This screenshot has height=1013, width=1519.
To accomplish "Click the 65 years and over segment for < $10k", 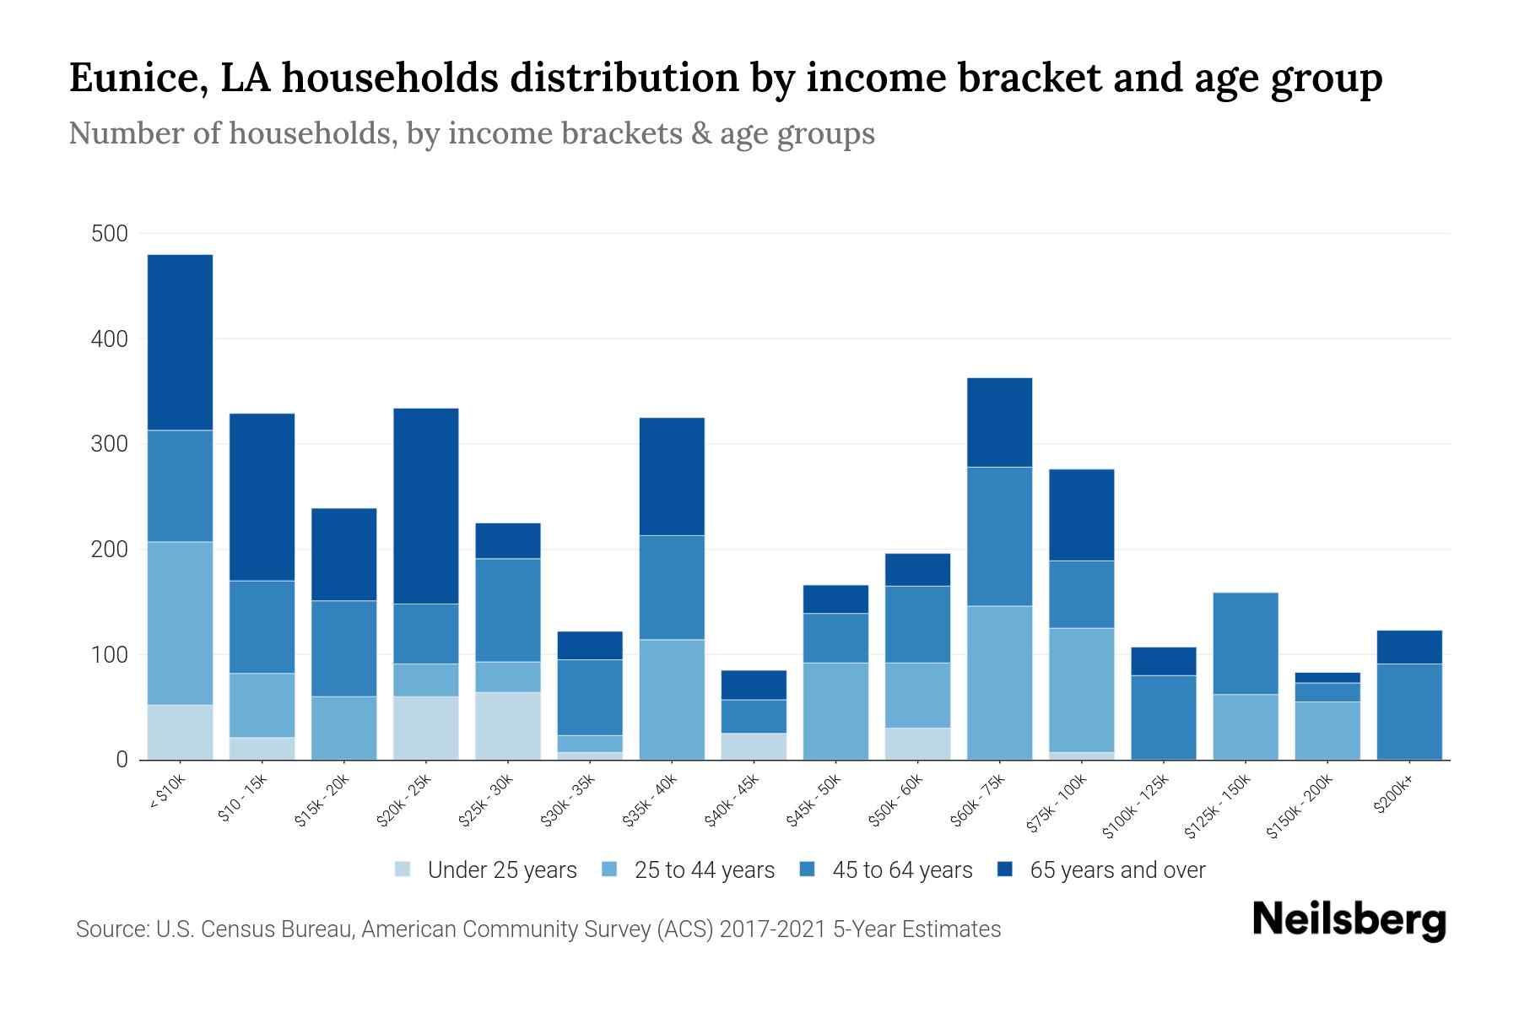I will [x=180, y=342].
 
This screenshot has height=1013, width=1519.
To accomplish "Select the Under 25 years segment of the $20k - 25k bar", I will [x=426, y=728].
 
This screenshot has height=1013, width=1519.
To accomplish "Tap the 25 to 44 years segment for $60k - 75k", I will [x=999, y=682].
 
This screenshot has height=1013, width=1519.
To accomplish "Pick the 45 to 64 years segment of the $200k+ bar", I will [x=1409, y=712].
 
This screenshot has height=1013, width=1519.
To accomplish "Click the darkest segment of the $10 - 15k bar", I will [x=262, y=496].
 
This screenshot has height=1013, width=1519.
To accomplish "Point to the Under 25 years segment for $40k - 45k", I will [x=754, y=746].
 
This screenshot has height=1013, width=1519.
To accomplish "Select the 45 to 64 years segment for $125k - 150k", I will [x=1246, y=643].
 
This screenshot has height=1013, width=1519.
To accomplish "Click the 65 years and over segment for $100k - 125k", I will [x=1164, y=661].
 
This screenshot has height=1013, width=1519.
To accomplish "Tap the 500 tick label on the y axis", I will [x=109, y=234].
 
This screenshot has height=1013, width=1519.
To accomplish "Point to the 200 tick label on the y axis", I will [x=109, y=550].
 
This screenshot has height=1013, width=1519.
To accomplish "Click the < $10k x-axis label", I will [x=167, y=793].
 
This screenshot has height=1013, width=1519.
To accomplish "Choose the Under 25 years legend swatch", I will [x=403, y=869].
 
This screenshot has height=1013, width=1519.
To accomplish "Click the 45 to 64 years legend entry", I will [x=901, y=870].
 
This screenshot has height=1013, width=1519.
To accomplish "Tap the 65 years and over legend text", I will [x=1117, y=870].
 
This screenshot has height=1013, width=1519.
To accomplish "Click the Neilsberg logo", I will [x=1349, y=920].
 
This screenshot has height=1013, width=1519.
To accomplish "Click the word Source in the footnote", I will [x=109, y=929].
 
